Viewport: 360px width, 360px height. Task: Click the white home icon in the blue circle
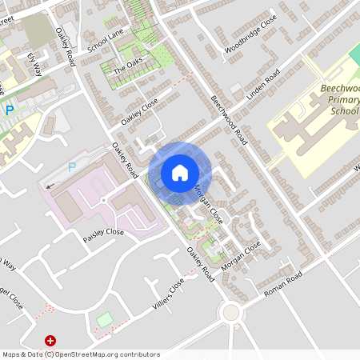[x=179, y=172]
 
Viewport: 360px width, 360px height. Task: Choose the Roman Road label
[x=281, y=284]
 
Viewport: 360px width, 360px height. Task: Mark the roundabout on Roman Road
[x=232, y=312]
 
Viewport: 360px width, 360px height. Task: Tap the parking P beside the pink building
[x=71, y=167]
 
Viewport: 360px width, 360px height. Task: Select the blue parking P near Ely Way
[x=10, y=110]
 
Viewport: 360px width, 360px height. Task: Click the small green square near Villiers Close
[x=104, y=320]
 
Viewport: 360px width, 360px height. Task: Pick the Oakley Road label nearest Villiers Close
[x=201, y=263]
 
